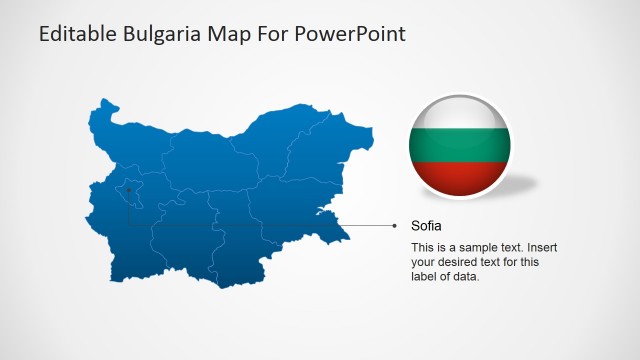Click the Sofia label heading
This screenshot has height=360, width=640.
tap(426, 226)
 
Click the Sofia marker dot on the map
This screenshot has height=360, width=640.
tap(128, 188)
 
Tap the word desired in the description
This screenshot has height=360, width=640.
tap(458, 262)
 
